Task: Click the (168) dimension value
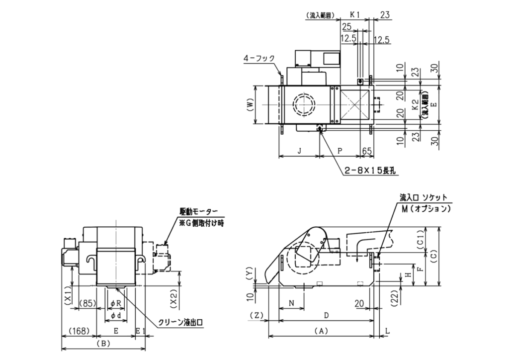tap(79, 330)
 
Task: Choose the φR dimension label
tap(115, 303)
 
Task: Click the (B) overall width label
tap(103, 344)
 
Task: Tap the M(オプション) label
tap(426, 209)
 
